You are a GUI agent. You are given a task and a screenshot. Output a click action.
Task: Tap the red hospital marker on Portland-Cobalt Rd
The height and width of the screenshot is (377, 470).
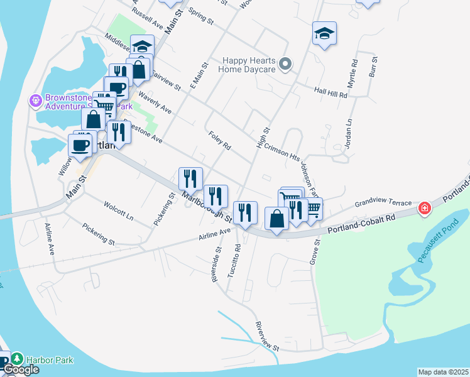coord(425,208)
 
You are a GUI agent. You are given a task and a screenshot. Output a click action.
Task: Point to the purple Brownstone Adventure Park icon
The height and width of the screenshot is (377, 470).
coord(35,99)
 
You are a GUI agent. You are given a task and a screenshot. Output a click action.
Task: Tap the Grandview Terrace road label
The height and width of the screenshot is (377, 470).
coord(383,204)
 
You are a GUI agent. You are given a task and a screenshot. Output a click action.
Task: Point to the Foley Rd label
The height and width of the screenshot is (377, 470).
coord(219,141)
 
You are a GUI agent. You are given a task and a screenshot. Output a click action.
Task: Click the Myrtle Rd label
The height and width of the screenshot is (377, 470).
coord(353,74)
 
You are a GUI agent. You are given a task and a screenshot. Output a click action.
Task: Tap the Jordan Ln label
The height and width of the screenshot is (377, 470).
coord(347,134)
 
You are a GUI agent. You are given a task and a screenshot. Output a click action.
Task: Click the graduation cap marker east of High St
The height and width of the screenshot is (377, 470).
coord(324,33)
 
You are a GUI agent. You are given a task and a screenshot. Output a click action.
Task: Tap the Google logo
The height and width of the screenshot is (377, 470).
coord(21,370)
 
